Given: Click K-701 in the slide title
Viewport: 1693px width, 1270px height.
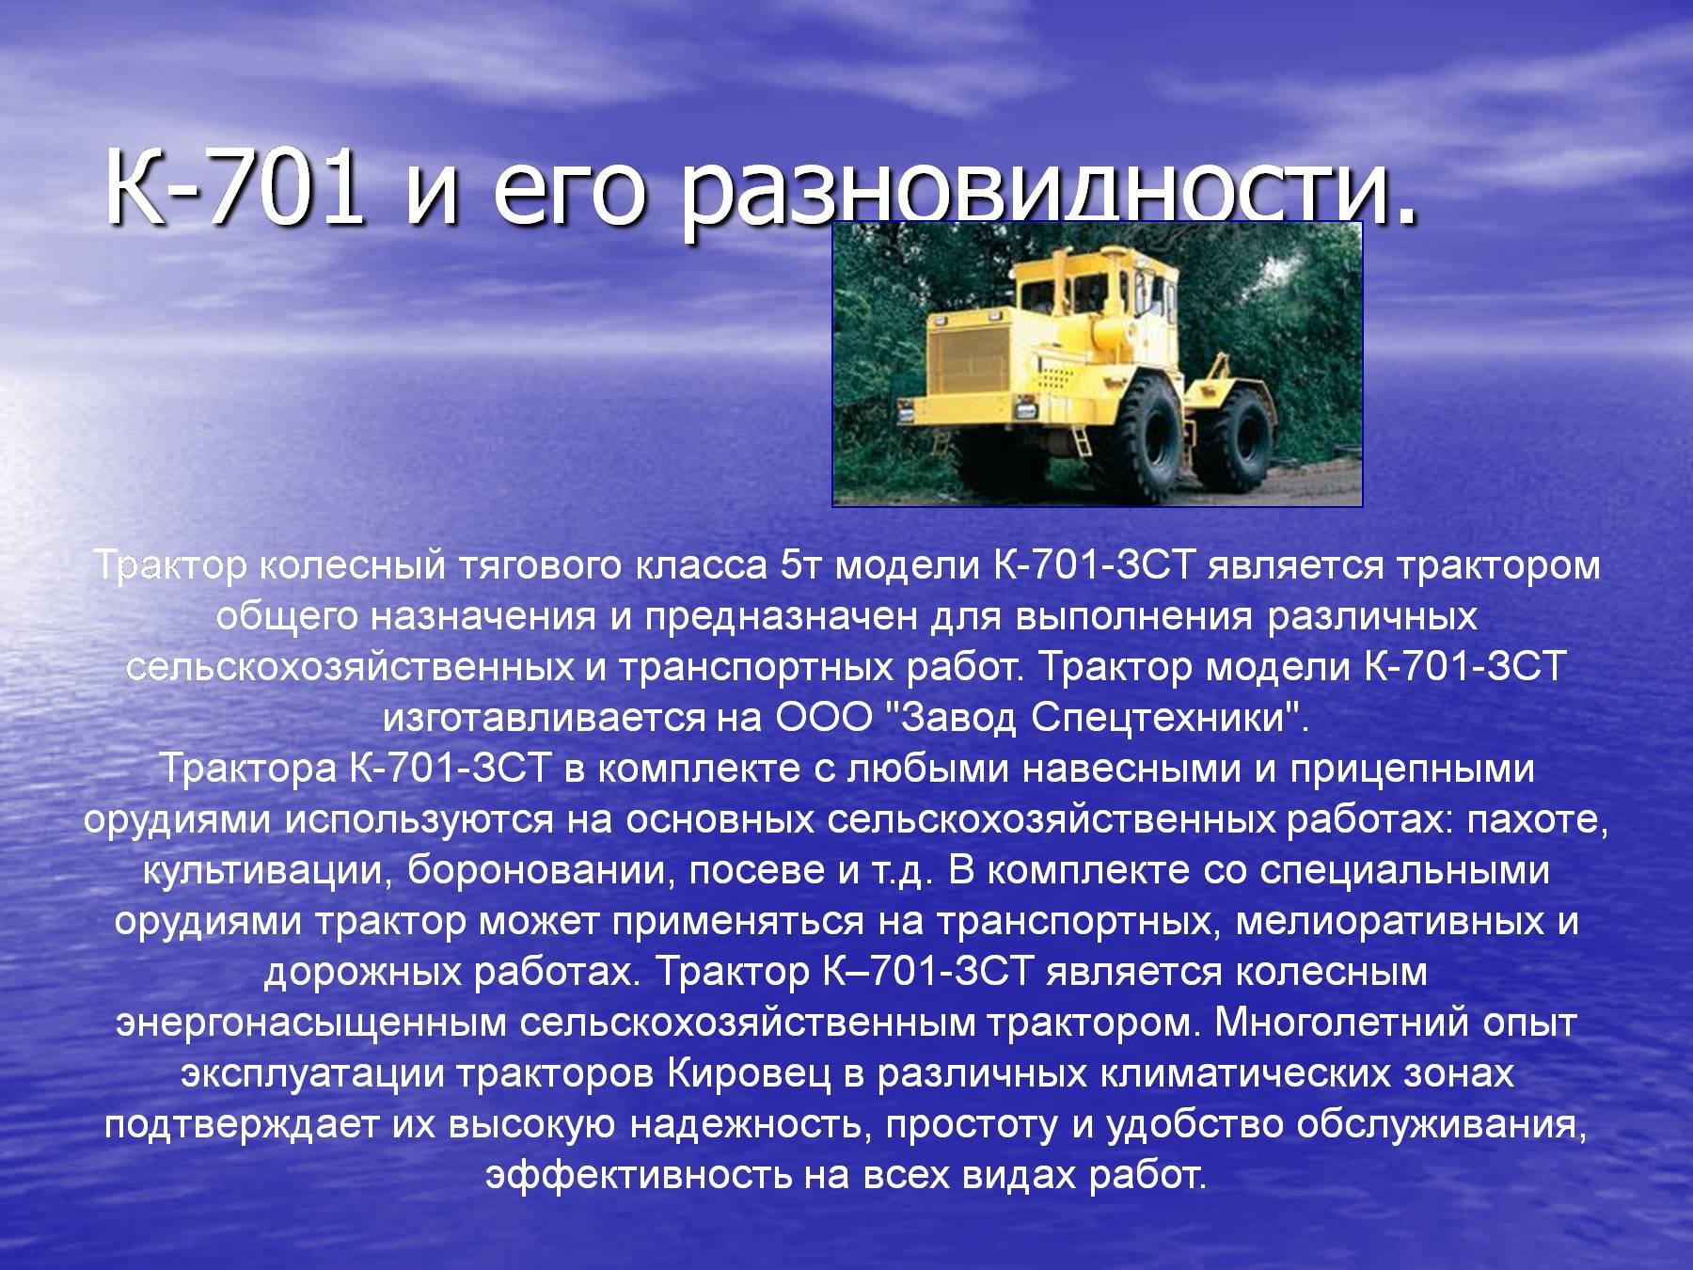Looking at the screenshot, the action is click(235, 186).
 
